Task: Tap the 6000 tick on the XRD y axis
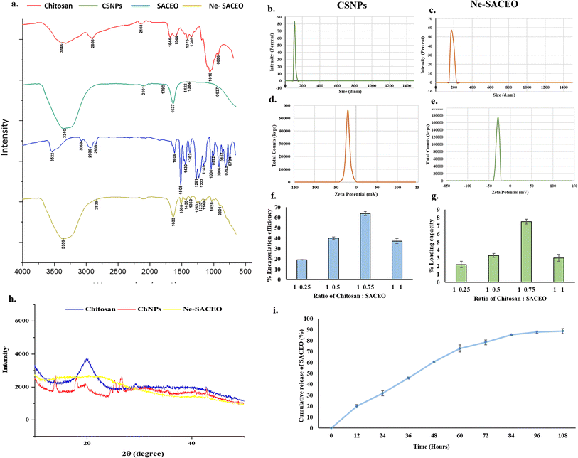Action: (x=18, y=321)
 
